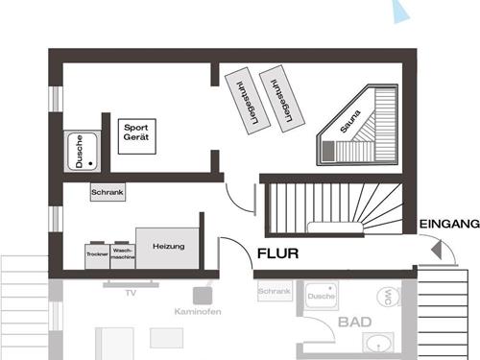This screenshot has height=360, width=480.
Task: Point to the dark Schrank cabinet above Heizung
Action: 108,192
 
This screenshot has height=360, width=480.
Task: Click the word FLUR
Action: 278,254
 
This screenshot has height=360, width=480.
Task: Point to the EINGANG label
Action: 449,224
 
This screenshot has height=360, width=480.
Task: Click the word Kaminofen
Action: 198,312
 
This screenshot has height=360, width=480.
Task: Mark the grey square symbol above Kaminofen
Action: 202,296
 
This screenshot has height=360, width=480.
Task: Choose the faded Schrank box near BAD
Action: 274,290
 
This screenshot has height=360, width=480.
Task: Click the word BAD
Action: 355,323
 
